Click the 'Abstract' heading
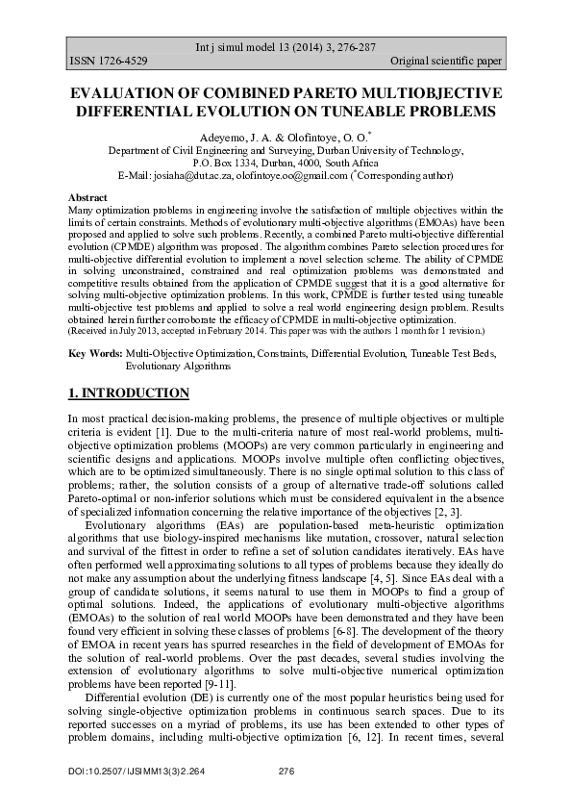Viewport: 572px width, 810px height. [87, 195]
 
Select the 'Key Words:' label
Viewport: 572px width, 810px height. [94, 355]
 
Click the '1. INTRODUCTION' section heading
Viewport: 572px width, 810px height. [128, 393]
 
